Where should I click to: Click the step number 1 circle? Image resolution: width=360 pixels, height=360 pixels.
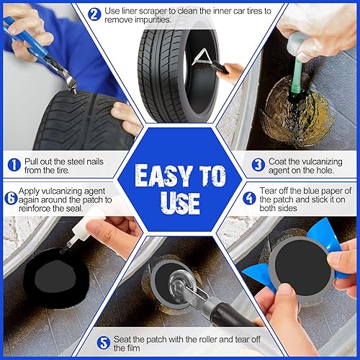[x=12, y=165]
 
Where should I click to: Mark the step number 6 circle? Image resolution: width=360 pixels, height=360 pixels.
[x=12, y=199]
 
